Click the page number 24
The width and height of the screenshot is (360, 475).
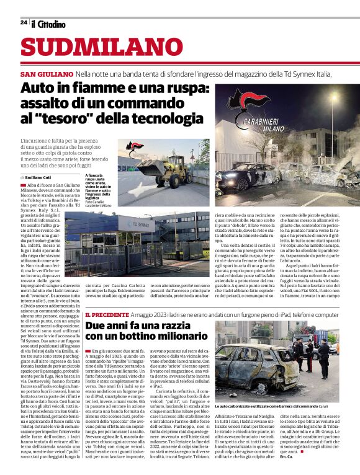pyautogui.click(x=23, y=23)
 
